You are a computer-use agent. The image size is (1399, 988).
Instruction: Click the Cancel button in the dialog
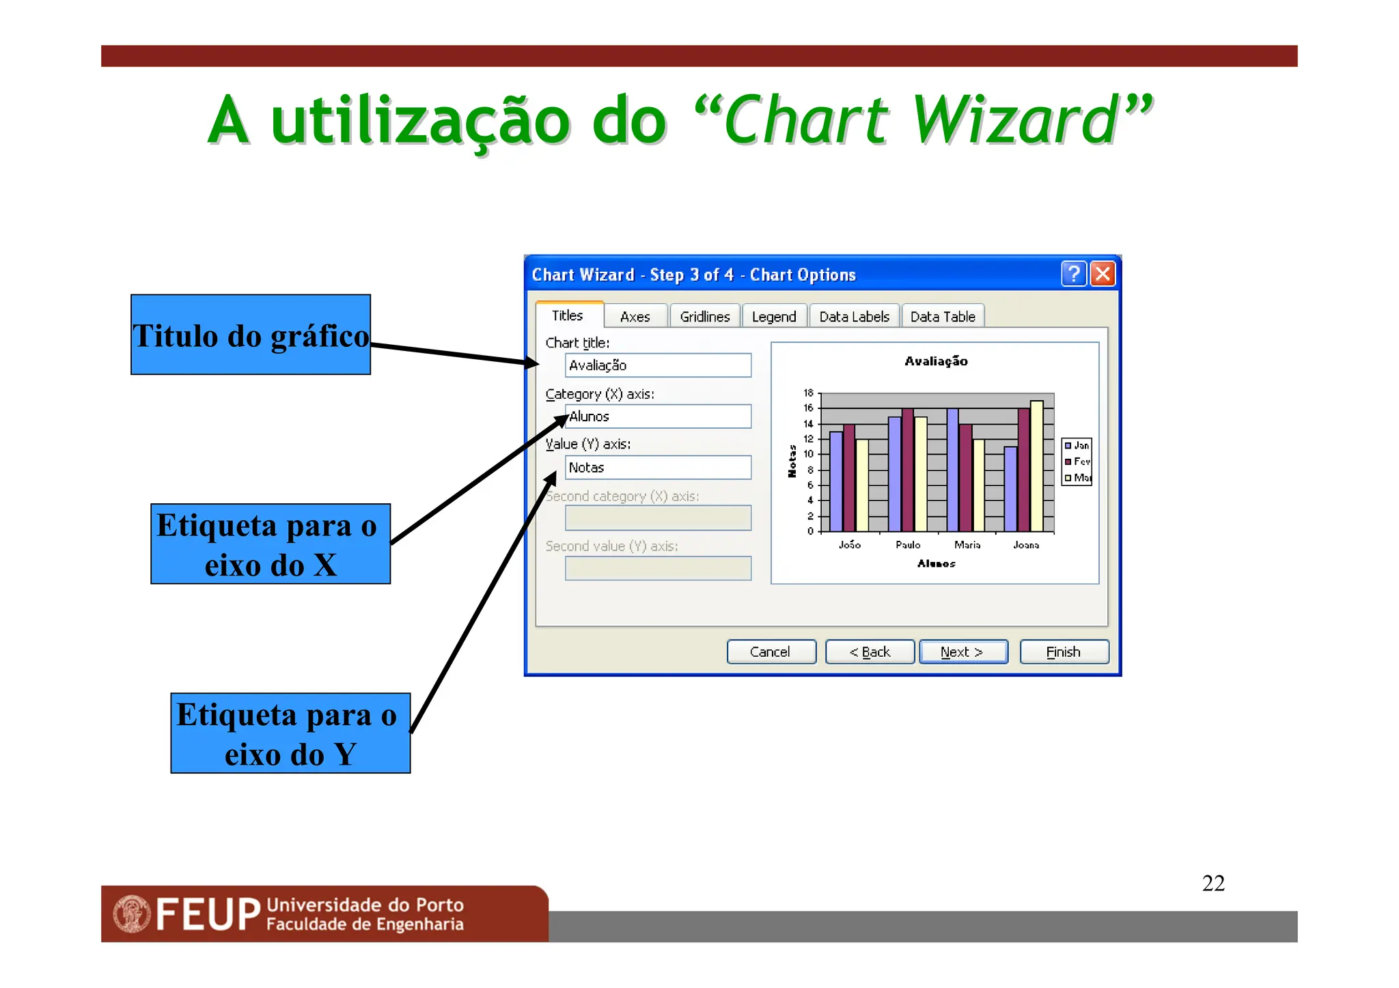(x=771, y=651)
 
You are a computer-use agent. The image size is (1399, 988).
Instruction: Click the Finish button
(x=1063, y=651)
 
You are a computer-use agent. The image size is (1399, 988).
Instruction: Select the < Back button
(x=869, y=651)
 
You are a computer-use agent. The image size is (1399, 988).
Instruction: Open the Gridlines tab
(x=704, y=316)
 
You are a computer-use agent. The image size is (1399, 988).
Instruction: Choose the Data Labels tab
(x=853, y=316)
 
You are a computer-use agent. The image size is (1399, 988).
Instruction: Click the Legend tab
(x=773, y=316)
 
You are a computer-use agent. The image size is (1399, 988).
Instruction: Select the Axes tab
(x=635, y=316)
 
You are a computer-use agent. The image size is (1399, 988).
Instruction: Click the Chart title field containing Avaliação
(x=657, y=365)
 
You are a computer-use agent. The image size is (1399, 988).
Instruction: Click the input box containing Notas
(x=657, y=468)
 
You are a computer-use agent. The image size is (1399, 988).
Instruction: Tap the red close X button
(x=1102, y=274)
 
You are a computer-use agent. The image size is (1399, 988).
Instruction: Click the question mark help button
(x=1073, y=274)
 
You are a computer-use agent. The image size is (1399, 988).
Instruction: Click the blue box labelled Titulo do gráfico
(x=251, y=335)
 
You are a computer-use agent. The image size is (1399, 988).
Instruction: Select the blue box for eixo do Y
(x=290, y=733)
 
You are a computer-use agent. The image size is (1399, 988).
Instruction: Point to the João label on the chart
(x=849, y=545)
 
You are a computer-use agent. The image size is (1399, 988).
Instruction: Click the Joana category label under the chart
(x=1025, y=545)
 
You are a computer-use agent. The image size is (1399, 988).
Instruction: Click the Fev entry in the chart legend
(x=1080, y=462)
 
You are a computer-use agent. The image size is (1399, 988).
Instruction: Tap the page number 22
(x=1213, y=883)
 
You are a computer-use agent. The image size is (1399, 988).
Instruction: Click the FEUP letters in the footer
(x=208, y=914)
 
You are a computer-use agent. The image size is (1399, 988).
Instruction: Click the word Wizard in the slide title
(x=1016, y=121)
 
